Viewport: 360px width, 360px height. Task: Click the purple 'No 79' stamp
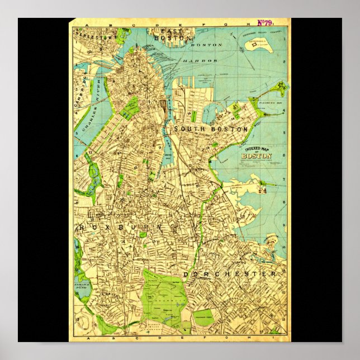pyautogui.click(x=264, y=23)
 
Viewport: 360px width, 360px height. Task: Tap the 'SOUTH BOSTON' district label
pyautogui.click(x=211, y=129)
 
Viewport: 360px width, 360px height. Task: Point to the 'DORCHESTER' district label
pyautogui.click(x=230, y=274)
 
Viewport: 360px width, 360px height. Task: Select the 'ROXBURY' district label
pyautogui.click(x=120, y=228)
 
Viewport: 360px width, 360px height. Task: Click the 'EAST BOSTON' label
pyautogui.click(x=164, y=34)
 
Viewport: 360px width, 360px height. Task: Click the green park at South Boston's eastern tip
pyautogui.click(x=278, y=89)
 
